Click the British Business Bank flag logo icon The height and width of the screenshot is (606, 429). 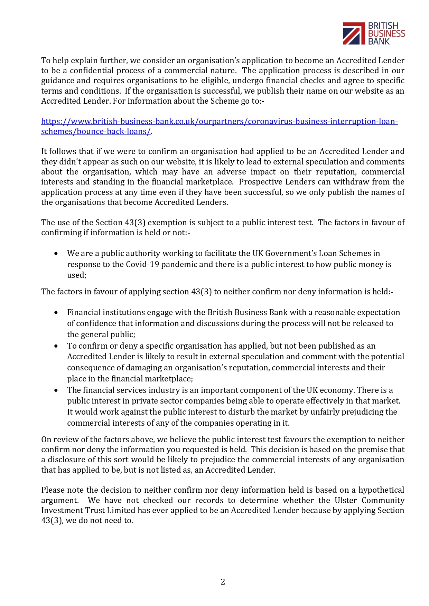pyautogui.click(x=354, y=34)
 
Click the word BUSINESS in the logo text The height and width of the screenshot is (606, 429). pyautogui.click(x=386, y=34)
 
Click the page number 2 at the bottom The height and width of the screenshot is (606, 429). pyautogui.click(x=223, y=581)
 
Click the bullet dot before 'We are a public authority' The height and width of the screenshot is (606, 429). pyautogui.click(x=56, y=254)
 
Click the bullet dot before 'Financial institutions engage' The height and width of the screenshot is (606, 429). pyautogui.click(x=56, y=313)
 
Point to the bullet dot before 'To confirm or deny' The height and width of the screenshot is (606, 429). pyautogui.click(x=56, y=346)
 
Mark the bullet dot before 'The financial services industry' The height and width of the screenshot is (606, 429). pyautogui.click(x=56, y=390)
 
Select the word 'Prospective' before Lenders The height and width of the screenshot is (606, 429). pyautogui.click(x=260, y=182)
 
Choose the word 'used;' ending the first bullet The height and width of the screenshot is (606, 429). pyautogui.click(x=77, y=275)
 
